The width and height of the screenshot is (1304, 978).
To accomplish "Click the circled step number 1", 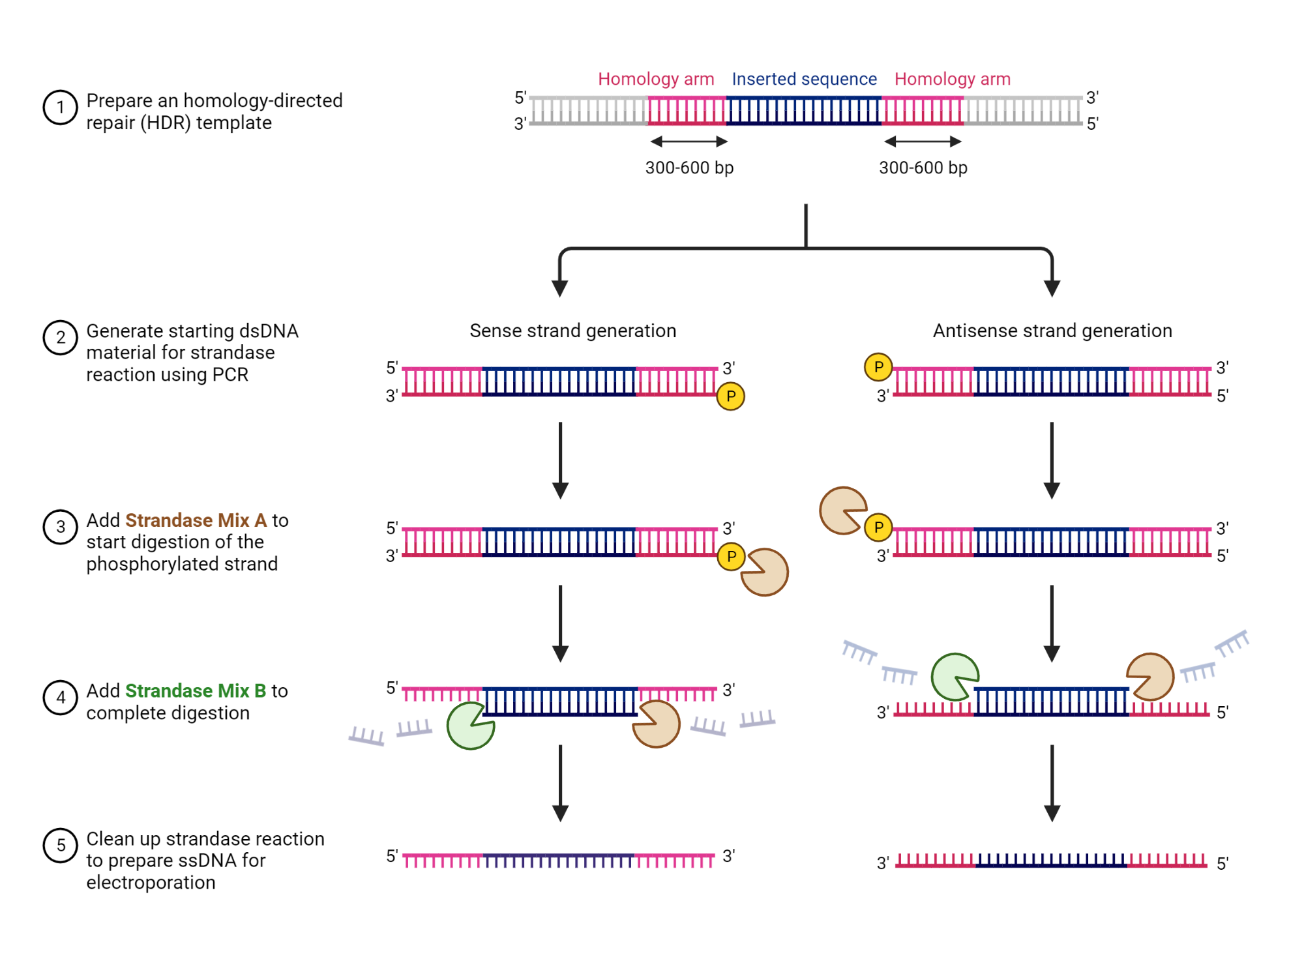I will (60, 108).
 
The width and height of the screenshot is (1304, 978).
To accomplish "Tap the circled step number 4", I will (60, 698).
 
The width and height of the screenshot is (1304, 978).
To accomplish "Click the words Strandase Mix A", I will (196, 520).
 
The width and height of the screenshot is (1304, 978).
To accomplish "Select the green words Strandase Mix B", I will (196, 690).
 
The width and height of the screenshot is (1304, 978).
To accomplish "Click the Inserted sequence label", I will (804, 79).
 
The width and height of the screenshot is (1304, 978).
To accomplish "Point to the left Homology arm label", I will (656, 79).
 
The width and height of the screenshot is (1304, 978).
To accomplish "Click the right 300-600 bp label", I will (923, 168).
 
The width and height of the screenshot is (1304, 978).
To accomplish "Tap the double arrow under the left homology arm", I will (689, 141).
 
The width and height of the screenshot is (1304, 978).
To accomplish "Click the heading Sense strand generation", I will (572, 331).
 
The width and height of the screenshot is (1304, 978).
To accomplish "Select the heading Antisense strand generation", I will (1052, 331).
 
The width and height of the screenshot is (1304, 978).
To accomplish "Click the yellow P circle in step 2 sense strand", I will (730, 396).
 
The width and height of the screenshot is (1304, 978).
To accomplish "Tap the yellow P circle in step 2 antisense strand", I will (878, 367).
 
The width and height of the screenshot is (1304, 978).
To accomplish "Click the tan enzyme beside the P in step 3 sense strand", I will (765, 572).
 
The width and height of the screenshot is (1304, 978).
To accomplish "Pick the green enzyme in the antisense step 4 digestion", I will (954, 677).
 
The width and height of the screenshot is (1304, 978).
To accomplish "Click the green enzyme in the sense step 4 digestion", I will (470, 726).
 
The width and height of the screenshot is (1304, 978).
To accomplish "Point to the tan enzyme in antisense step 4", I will (1151, 677).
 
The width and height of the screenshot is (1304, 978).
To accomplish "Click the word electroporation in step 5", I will (151, 882).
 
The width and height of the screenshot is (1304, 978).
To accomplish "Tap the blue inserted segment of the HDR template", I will (803, 111).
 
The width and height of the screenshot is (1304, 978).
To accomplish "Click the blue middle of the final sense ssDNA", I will (558, 861).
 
